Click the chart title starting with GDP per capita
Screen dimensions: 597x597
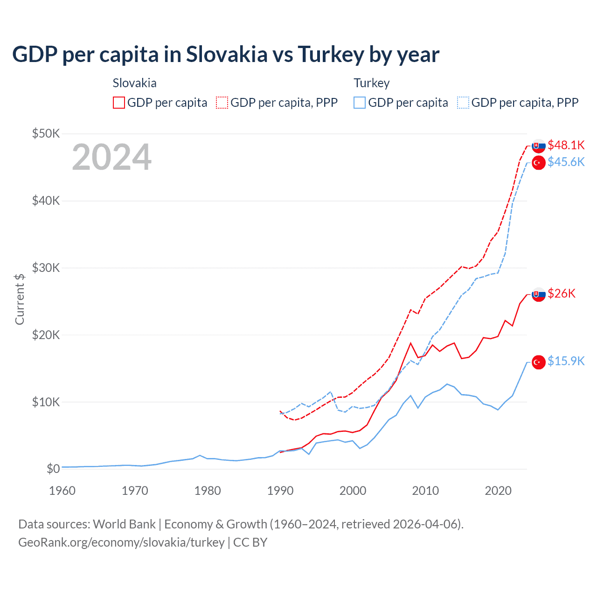(226, 55)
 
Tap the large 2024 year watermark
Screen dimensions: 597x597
(112, 157)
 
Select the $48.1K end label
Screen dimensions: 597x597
(566, 145)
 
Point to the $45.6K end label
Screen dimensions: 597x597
(566, 162)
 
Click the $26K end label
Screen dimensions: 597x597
(562, 293)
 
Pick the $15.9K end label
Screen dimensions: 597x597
(566, 361)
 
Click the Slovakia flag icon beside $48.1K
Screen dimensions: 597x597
(539, 146)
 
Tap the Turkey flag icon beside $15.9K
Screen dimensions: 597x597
(539, 362)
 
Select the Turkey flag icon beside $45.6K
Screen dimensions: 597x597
(539, 163)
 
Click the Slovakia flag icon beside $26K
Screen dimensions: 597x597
(539, 294)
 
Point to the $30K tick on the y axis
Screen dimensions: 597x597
(46, 268)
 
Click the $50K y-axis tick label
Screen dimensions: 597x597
(46, 134)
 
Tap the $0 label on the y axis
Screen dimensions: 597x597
(53, 469)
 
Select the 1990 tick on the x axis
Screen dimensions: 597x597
(280, 491)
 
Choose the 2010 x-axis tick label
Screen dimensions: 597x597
(425, 491)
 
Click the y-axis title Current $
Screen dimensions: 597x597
(20, 299)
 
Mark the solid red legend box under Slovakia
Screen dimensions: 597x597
(119, 103)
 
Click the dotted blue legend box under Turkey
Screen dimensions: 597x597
(463, 103)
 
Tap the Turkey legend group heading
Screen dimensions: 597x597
(371, 83)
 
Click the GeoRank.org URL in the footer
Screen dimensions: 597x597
(121, 542)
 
